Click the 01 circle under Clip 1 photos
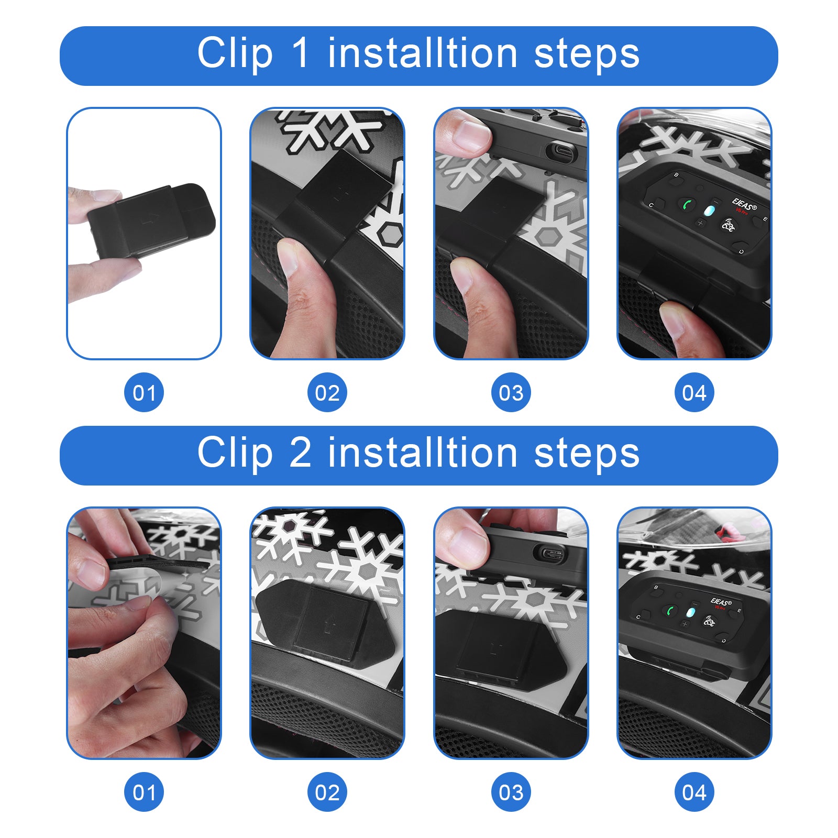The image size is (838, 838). pos(144,392)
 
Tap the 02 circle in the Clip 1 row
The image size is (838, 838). pos(327,392)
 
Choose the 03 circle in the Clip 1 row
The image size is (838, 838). pos(511,392)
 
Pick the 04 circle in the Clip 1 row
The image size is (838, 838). pos(694,392)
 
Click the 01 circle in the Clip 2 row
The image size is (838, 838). pos(144,792)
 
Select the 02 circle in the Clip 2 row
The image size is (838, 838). pos(327,792)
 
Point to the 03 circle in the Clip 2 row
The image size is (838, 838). pos(511,792)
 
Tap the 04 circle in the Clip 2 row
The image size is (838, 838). pos(694,792)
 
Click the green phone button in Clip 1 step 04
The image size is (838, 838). pos(687,204)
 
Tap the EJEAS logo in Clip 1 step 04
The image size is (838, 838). pos(744,203)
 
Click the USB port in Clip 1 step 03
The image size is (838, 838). pos(561,152)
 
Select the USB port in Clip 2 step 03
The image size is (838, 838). pos(549,554)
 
